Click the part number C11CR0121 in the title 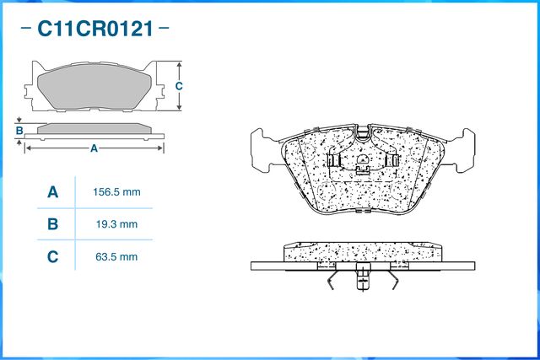point(95,29)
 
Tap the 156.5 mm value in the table point(116,192)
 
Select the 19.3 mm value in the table point(116,224)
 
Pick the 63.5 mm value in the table point(116,257)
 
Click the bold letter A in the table point(52,192)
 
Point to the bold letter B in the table point(52,224)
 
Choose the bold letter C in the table point(52,257)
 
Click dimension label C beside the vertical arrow point(179,86)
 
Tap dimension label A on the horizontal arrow point(94,148)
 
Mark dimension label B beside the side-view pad point(19,131)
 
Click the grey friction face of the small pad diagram point(94,87)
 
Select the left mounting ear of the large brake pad point(265,150)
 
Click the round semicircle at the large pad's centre point(363,159)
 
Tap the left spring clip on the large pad point(333,160)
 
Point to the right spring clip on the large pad point(392,160)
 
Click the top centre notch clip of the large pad point(363,133)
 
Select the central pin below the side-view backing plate point(363,277)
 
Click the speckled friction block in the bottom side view point(362,252)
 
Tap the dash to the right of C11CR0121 point(164,28)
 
